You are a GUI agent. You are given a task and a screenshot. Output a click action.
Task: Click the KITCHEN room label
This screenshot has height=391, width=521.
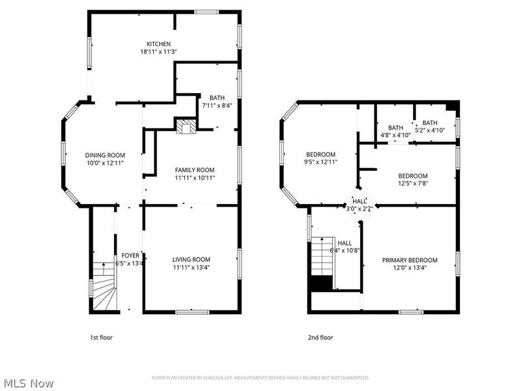click(158, 44)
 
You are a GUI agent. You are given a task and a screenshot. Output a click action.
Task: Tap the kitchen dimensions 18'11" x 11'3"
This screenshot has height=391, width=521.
click(158, 51)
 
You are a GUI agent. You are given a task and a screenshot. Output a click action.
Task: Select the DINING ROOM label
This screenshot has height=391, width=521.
click(104, 154)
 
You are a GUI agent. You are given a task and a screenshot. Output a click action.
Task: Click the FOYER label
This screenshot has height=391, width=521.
click(130, 255)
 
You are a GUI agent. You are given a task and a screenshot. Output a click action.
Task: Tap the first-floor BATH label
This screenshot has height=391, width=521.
click(216, 97)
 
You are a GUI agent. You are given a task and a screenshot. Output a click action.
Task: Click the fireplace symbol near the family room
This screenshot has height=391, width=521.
click(185, 126)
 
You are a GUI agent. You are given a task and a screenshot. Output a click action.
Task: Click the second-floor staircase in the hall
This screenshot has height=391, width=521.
click(322, 257)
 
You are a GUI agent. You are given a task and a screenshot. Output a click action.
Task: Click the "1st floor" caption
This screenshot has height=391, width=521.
click(101, 338)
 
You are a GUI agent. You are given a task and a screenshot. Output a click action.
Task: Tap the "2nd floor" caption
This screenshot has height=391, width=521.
click(320, 338)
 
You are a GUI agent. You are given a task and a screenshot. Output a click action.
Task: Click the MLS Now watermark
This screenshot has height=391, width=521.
click(27, 383)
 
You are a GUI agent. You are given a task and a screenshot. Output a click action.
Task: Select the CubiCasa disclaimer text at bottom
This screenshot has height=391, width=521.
click(260, 377)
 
